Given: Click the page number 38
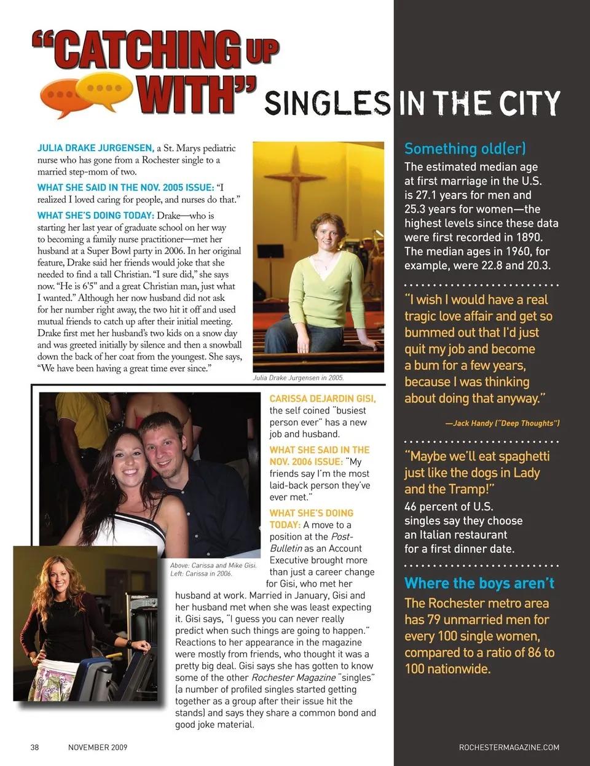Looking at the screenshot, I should (35, 747).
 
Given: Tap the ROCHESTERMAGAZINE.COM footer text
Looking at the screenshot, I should (509, 747).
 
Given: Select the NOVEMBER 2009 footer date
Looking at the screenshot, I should (98, 747).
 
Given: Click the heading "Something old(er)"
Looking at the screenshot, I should (465, 149).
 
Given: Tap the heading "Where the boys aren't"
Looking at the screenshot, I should (479, 583).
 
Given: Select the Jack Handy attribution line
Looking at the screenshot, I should (502, 423).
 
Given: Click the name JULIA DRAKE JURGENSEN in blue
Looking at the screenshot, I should (95, 148).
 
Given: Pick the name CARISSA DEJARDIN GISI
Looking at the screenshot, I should (323, 399).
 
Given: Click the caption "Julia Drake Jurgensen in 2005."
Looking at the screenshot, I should (299, 378).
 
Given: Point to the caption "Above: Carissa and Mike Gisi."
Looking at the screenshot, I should (213, 565).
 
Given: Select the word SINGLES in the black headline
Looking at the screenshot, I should (327, 103).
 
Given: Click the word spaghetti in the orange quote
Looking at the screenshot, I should (515, 456).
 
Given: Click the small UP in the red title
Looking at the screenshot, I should (262, 51).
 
